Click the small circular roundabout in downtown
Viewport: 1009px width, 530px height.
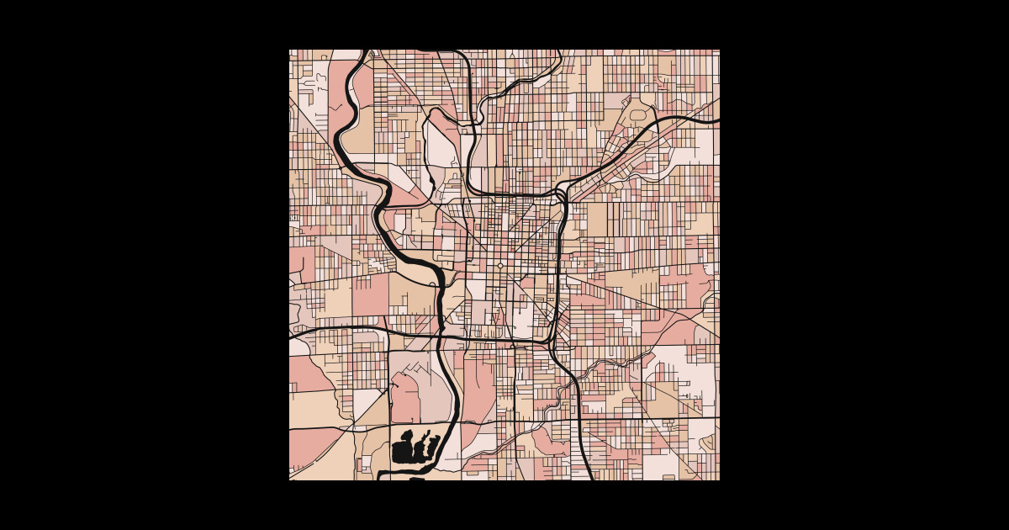point(500,266)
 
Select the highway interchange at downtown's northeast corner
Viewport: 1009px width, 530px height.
point(563,193)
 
